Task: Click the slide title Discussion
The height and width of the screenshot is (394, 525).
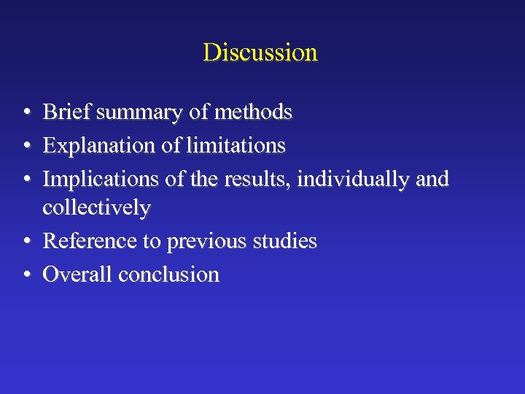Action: point(260,53)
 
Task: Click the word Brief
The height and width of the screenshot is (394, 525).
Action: point(67,112)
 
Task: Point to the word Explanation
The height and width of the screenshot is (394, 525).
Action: point(99,146)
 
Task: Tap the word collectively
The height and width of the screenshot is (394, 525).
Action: point(96,208)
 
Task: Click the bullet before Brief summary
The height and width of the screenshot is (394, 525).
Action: point(26,113)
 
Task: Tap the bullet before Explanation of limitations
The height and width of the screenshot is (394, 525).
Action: point(26,146)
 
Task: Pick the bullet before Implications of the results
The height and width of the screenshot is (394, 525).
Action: point(26,179)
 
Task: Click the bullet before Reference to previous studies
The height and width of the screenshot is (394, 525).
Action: point(26,242)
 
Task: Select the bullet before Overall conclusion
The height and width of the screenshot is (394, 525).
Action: point(26,275)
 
